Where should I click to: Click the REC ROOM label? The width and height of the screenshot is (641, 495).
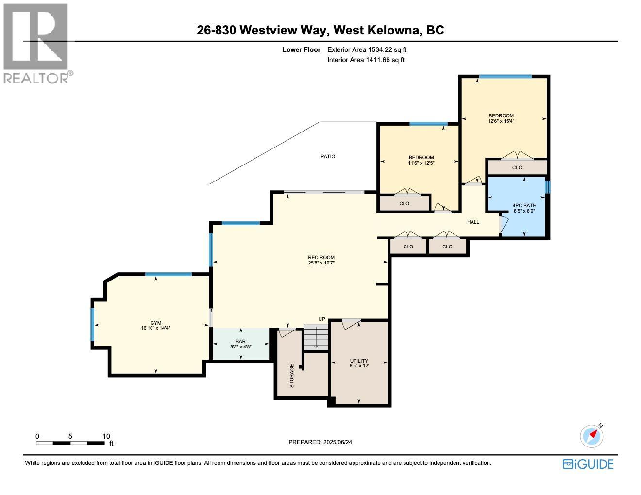click(321, 258)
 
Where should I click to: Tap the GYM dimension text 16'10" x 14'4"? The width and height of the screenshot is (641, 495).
click(155, 328)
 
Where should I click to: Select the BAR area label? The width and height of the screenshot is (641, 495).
click(240, 342)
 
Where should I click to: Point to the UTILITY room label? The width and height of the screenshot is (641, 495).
click(359, 361)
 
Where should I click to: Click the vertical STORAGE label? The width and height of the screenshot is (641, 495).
click(292, 376)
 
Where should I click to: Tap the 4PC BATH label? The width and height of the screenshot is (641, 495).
click(524, 205)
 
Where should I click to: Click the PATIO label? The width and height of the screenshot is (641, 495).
click(328, 156)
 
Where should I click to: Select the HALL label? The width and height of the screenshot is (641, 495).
click(473, 222)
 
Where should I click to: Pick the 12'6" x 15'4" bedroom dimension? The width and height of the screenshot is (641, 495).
click(501, 121)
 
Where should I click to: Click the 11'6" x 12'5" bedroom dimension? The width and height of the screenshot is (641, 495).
click(421, 163)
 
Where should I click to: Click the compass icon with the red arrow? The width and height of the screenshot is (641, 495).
click(591, 435)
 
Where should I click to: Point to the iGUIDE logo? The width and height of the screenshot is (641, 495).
click(588, 464)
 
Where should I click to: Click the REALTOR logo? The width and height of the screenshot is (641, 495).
click(37, 44)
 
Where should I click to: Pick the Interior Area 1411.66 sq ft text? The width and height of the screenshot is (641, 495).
click(366, 60)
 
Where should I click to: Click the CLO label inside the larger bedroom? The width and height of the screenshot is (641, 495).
click(517, 167)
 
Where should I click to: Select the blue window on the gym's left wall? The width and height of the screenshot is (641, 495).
click(92, 324)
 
